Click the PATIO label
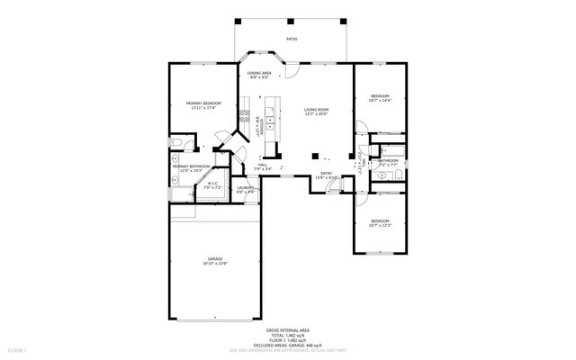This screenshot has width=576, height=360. (x=291, y=39)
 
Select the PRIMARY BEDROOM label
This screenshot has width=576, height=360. (x=203, y=103)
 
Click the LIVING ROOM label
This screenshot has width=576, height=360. (x=316, y=110)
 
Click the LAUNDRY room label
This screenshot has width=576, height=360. (x=246, y=187)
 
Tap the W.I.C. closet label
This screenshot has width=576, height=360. (x=213, y=184)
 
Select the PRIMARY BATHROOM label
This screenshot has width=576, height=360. (x=192, y=166)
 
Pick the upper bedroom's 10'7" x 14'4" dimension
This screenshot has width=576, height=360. (x=380, y=101)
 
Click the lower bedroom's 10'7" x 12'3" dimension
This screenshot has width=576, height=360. (x=380, y=226)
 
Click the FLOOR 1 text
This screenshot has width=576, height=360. (x=18, y=349)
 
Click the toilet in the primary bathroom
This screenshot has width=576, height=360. (x=177, y=143)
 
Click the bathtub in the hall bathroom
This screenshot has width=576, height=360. (x=390, y=150)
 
